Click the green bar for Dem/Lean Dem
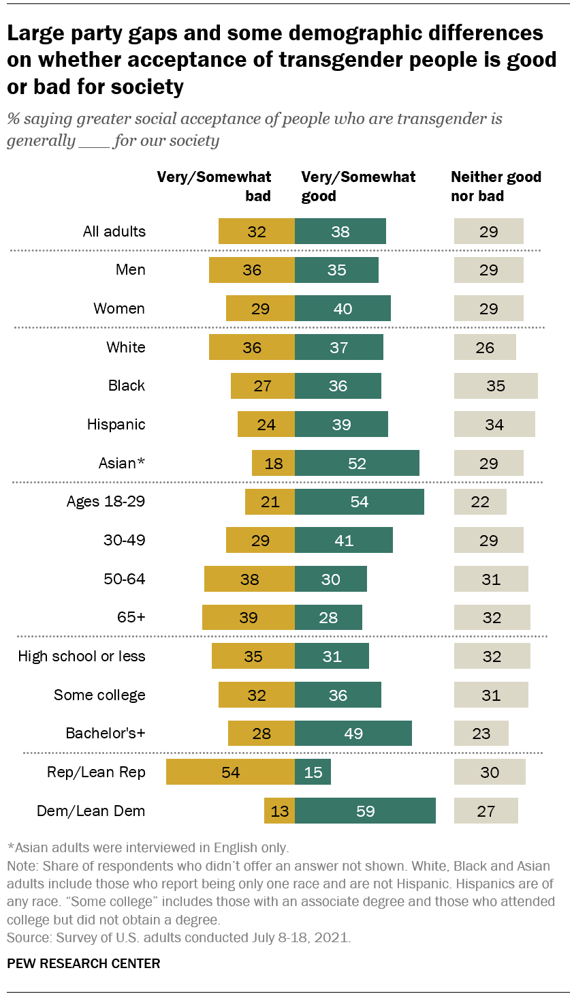point(365,811)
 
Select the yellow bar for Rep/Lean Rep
point(230,772)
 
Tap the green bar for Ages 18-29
point(360,502)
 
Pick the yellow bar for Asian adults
point(273,464)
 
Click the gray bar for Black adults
point(496,386)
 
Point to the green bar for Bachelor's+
point(353,734)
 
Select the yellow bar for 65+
point(249,618)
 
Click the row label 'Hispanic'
point(116,425)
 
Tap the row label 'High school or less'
point(82,657)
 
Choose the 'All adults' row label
point(114,231)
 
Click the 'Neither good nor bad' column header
point(496,187)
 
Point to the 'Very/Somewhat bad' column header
point(214,187)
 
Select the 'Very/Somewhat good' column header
point(358,187)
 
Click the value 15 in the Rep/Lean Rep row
point(313,772)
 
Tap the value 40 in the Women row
point(343,309)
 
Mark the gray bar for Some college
point(491,695)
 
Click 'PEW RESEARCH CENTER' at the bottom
point(84,963)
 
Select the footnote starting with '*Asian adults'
point(148,848)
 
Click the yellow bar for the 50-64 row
point(249,579)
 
